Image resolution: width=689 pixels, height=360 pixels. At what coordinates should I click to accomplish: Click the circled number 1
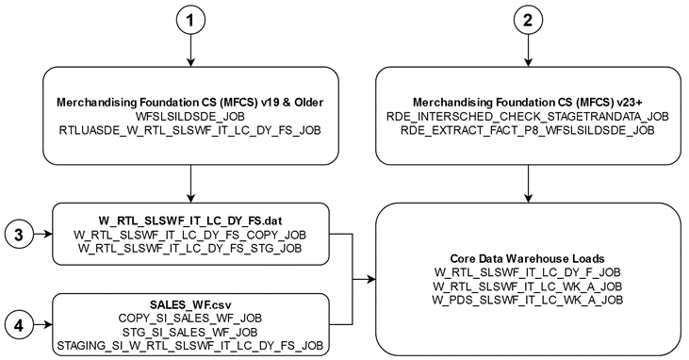tap(192, 21)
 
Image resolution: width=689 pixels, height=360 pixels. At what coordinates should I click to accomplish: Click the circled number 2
tap(528, 21)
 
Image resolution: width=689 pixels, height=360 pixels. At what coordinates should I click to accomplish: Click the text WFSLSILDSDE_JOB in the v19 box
tap(192, 114)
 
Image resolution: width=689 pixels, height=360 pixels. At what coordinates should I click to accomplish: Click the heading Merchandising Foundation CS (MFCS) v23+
tap(528, 101)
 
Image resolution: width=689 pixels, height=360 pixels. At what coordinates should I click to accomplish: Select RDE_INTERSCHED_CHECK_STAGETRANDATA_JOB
tap(528, 114)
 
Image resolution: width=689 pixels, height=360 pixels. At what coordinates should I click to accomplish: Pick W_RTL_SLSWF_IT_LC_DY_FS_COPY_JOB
tap(192, 233)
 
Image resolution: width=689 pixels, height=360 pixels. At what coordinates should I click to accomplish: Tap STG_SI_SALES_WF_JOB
tap(192, 334)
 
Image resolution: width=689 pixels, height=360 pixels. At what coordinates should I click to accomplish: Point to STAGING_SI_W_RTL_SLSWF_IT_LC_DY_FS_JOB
tap(192, 347)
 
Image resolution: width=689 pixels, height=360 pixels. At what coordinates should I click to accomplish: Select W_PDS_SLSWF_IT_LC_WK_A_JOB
tap(528, 299)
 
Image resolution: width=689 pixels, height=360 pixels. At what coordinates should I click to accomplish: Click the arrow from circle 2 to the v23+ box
tap(528, 53)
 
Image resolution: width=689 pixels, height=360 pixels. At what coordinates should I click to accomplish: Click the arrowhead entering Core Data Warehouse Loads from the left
tap(370, 278)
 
